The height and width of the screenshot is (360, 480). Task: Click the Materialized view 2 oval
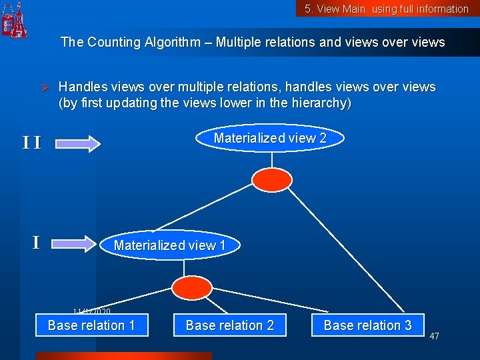(270, 138)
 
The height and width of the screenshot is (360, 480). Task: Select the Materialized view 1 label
(169, 245)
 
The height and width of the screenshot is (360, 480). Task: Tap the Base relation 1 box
(91, 325)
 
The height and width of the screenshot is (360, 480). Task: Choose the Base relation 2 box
(229, 325)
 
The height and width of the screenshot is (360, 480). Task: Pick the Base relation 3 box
(367, 325)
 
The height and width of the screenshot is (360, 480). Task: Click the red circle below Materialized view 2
(271, 179)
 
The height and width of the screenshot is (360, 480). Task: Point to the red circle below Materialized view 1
(191, 288)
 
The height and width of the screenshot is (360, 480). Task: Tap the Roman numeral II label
(31, 143)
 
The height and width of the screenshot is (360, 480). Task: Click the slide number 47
(434, 336)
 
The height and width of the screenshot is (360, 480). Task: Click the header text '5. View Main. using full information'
(387, 9)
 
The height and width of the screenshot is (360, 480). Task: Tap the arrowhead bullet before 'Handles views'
(46, 88)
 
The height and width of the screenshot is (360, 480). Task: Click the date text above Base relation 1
(92, 311)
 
